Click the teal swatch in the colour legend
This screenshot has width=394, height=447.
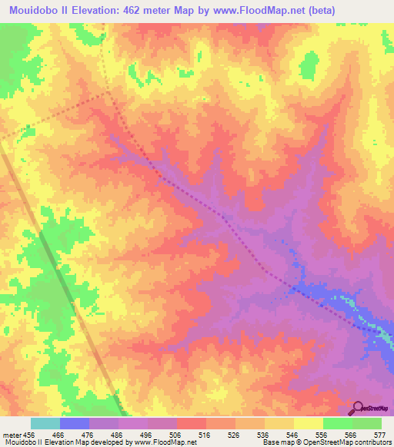point(45,423)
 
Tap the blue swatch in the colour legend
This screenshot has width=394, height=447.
point(75,423)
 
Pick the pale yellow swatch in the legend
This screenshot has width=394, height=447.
point(308,423)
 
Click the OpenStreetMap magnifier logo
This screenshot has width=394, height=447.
point(357,408)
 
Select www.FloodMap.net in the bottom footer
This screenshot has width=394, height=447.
point(164,442)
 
